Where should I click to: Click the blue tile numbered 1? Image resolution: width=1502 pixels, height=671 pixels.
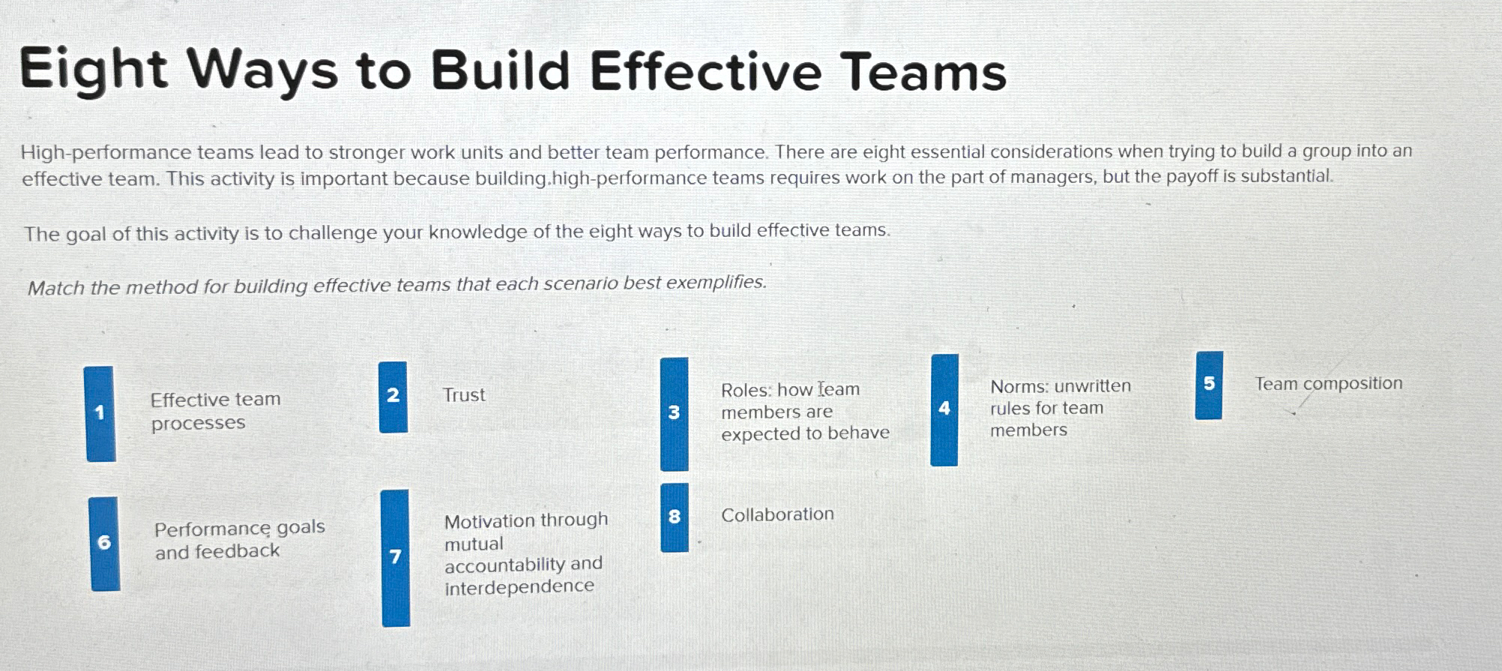[x=100, y=413]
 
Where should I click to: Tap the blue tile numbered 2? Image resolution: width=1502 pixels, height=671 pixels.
[x=393, y=397]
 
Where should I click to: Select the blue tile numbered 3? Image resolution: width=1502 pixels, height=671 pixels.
[x=674, y=413]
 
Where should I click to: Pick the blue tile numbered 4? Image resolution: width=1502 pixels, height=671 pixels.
[x=944, y=409]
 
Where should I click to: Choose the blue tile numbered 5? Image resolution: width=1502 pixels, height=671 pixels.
[x=1208, y=385]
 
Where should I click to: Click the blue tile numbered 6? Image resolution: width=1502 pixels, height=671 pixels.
[x=104, y=543]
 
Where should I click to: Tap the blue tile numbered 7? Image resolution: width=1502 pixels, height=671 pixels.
[x=395, y=557]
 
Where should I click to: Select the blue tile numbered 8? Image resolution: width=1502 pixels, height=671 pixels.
[x=674, y=517]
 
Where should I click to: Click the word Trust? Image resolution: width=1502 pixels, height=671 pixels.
[x=464, y=395]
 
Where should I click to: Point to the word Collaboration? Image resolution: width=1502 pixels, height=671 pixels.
[x=777, y=514]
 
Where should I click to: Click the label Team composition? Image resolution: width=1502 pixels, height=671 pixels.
[x=1328, y=384]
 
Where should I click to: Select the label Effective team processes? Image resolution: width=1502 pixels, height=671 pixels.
[x=215, y=411]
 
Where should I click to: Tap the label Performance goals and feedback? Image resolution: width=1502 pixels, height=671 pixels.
[x=239, y=540]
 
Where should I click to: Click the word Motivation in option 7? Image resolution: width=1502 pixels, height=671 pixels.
[x=489, y=521]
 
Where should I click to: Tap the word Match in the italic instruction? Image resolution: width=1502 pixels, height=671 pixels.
[x=55, y=288]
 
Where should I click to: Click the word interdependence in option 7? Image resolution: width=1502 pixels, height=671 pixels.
[x=519, y=586]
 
